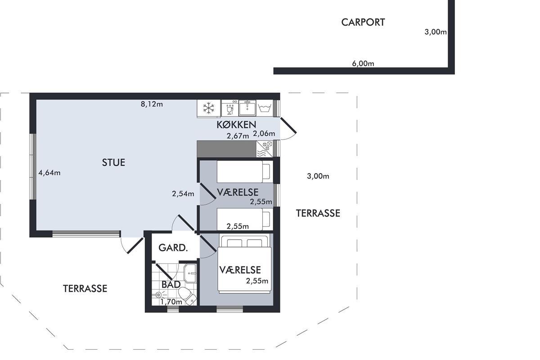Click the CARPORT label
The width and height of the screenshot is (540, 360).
[x=363, y=22]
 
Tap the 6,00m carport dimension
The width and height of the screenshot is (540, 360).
[x=363, y=63]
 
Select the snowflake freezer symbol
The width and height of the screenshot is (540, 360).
[x=209, y=108]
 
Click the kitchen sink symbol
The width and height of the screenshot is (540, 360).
[x=247, y=108]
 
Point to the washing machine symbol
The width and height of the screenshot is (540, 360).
[x=265, y=108]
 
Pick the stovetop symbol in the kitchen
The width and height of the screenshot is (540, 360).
[x=265, y=149]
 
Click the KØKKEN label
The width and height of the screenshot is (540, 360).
[x=236, y=125]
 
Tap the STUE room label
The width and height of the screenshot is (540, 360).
[x=113, y=162]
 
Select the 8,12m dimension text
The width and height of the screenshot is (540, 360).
[x=152, y=104]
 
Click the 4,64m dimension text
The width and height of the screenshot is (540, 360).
[x=49, y=173]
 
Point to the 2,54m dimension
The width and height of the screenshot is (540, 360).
[x=183, y=193]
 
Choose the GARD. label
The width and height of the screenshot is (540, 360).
[x=173, y=248]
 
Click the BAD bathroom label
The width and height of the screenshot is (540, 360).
[x=171, y=284]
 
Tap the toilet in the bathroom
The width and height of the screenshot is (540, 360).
[x=188, y=296]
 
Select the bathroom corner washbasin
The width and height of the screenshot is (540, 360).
[x=190, y=273]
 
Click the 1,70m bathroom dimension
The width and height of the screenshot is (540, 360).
[x=171, y=301]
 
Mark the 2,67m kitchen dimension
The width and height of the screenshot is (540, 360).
[x=238, y=136]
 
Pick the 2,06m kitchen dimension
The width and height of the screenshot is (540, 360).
[x=264, y=133]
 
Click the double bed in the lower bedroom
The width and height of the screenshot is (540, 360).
[x=244, y=264]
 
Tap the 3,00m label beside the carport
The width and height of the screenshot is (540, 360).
[x=436, y=32]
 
